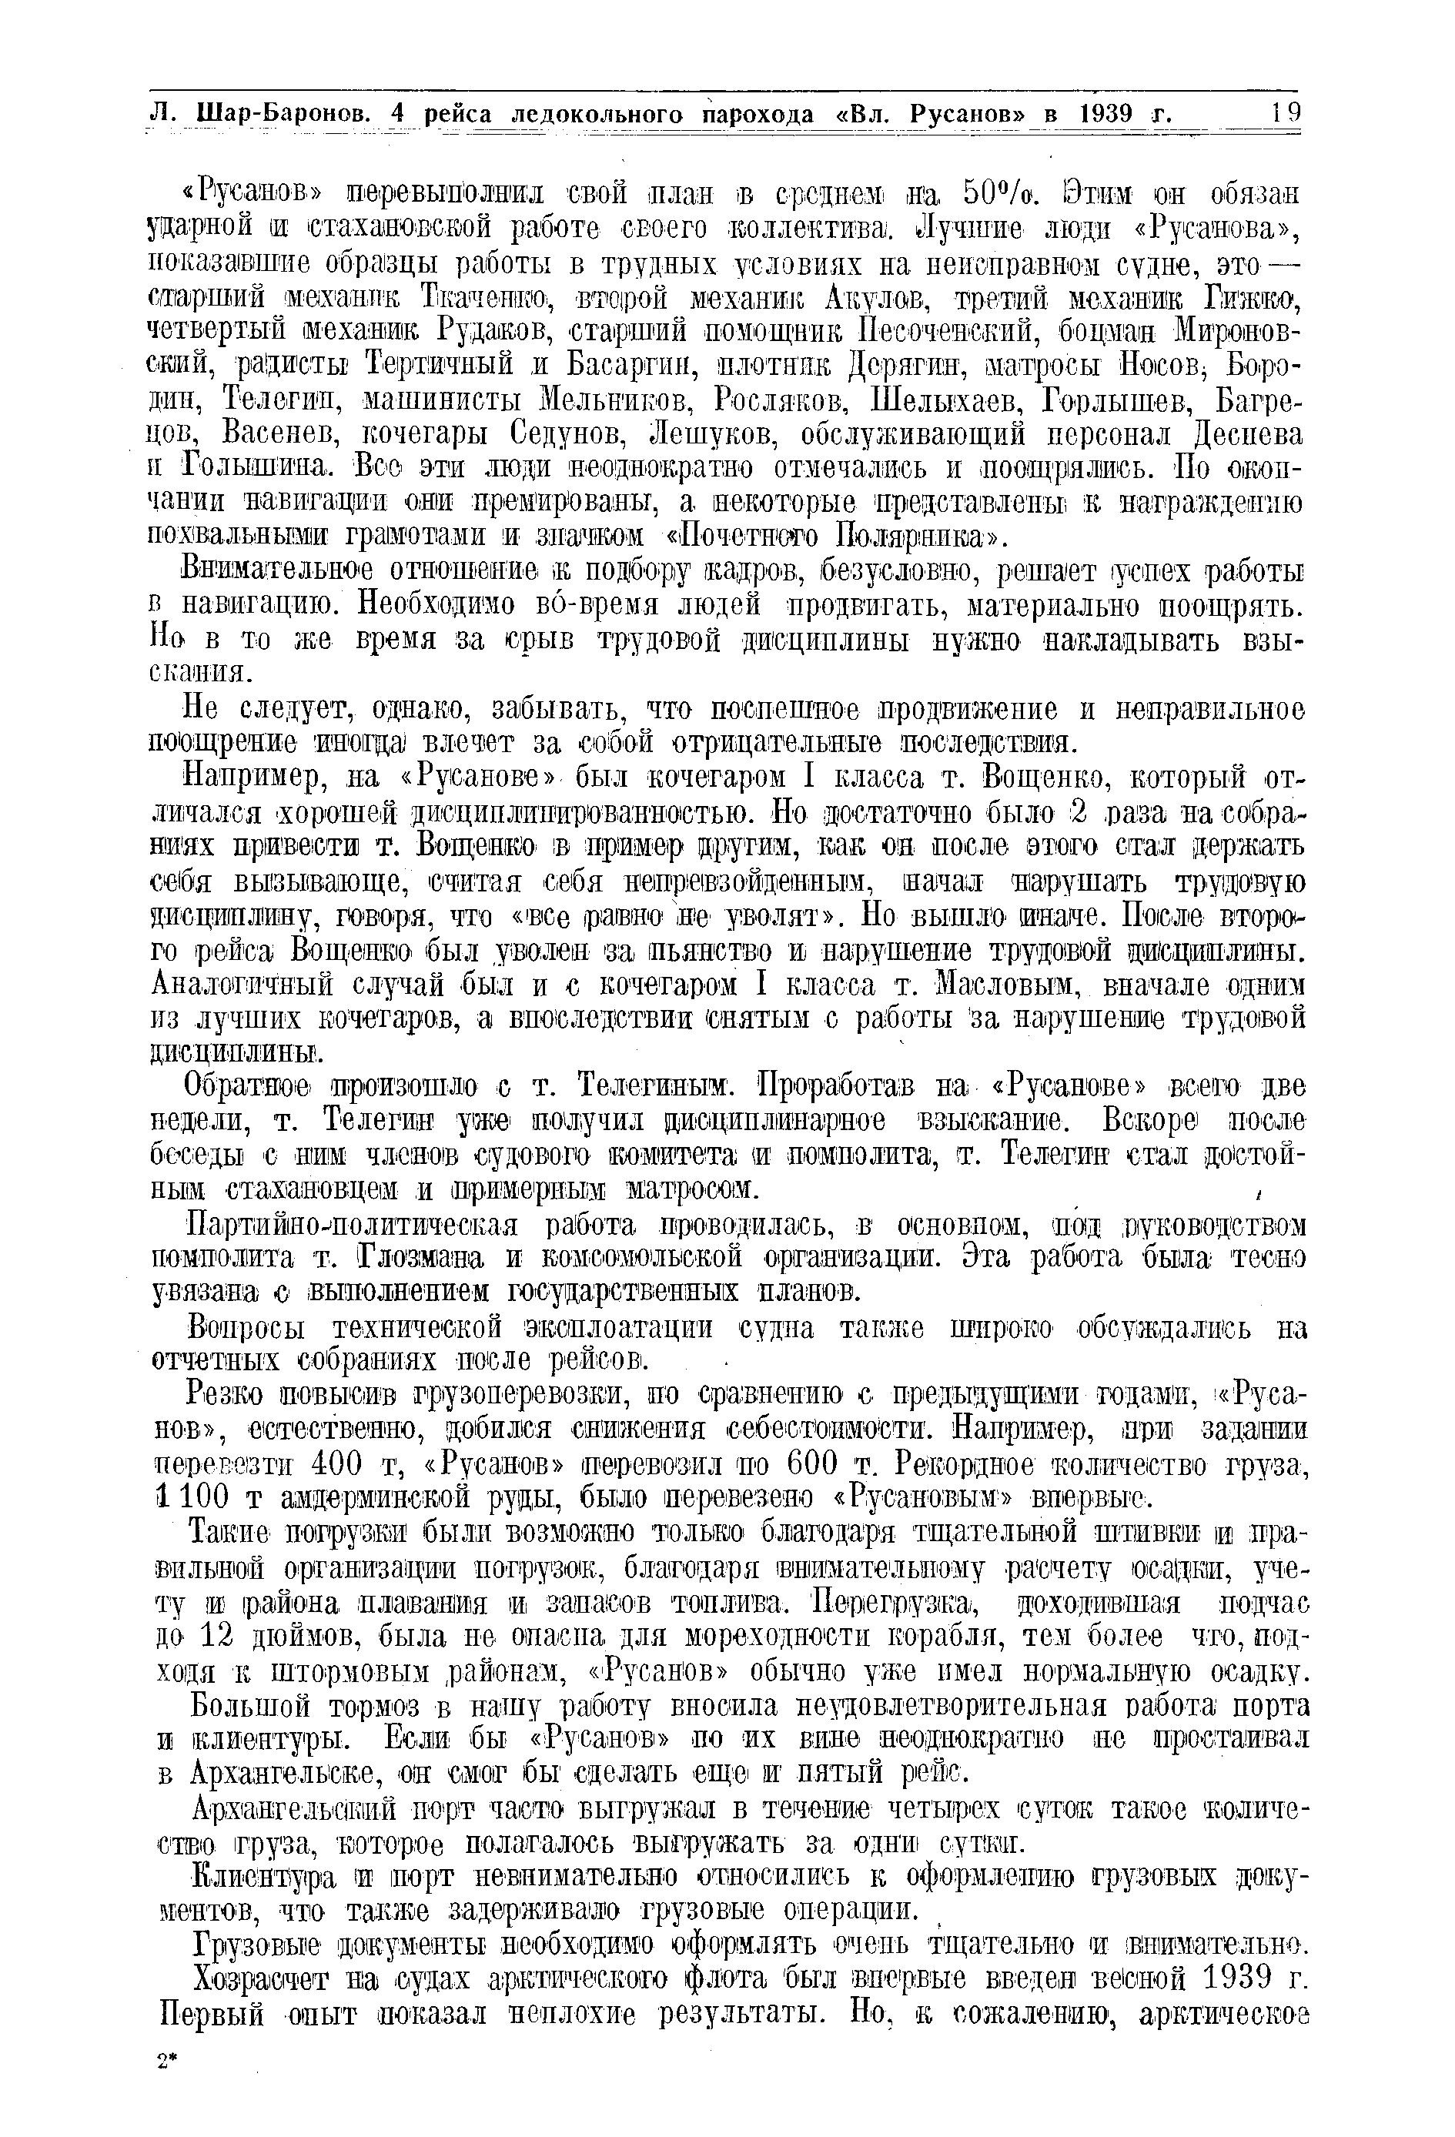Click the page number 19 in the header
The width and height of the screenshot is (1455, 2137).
click(x=1286, y=113)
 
